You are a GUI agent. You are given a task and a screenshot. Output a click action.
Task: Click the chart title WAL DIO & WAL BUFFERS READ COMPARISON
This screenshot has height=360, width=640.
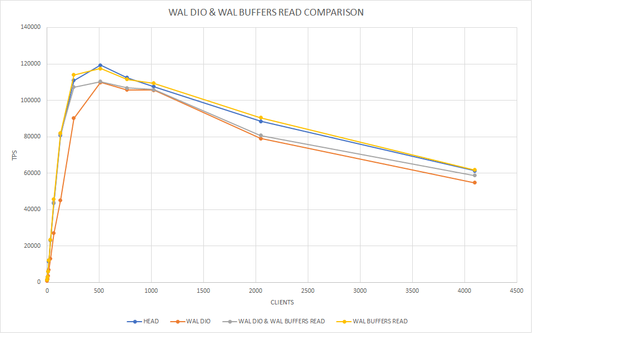[266, 12]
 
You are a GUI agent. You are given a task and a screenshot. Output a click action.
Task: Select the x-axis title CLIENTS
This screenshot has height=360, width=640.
[282, 303]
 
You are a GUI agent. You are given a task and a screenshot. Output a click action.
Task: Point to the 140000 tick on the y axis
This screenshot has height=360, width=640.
[31, 27]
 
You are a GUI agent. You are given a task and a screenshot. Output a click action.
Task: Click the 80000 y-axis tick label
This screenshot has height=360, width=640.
[32, 137]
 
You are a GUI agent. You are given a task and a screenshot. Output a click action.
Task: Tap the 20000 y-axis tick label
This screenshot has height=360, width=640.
[32, 246]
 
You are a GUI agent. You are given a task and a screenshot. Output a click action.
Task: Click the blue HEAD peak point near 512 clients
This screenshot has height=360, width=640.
[100, 65]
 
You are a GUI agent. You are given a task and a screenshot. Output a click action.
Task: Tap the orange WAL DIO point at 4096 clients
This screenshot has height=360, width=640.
[474, 183]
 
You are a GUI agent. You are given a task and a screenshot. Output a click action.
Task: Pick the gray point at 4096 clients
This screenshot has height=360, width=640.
[474, 176]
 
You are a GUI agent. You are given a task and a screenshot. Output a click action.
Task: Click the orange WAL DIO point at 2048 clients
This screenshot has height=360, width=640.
[261, 138]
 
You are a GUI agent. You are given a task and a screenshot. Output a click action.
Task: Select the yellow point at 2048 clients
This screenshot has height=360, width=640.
[261, 118]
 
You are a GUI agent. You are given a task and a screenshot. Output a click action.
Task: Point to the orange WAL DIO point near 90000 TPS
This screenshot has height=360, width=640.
[73, 118]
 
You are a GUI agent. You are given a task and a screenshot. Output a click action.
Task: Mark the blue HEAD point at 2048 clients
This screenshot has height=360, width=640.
[261, 121]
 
